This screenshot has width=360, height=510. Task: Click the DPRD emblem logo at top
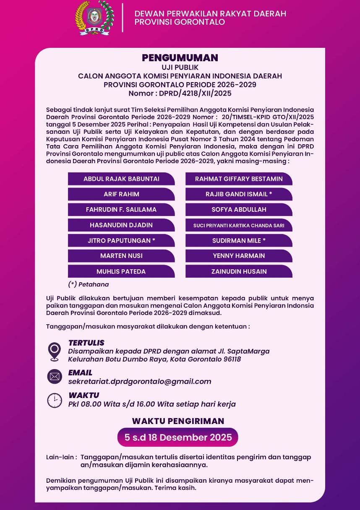tap(94, 18)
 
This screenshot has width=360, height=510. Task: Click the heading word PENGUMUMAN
tap(180, 58)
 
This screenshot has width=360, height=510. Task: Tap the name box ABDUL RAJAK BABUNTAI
tap(121, 179)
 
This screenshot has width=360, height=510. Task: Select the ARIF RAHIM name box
tap(121, 194)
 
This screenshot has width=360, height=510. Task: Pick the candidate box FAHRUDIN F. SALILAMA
tap(121, 209)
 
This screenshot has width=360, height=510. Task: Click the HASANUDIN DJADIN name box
tap(121, 225)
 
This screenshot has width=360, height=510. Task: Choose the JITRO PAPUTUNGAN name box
tap(121, 240)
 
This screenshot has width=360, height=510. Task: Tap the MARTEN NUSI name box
tap(121, 255)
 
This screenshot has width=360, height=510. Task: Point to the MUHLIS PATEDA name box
tap(121, 271)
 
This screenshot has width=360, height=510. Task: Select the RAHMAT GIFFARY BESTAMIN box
tap(239, 179)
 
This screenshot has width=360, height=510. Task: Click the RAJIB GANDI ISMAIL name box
tap(239, 194)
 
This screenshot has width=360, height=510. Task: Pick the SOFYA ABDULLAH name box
tap(239, 209)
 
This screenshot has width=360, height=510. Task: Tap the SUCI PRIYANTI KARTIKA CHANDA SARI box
tap(239, 225)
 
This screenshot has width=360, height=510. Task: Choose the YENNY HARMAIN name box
tap(239, 255)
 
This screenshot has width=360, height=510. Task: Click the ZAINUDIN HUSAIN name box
tap(239, 271)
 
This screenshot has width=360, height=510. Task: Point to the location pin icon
tap(55, 351)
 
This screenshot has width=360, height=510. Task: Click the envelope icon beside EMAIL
tap(55, 376)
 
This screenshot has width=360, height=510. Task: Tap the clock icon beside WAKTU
tap(55, 400)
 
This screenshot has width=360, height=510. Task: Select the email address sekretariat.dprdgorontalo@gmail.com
tap(140, 381)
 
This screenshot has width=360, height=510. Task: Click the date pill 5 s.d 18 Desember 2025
tap(178, 437)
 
